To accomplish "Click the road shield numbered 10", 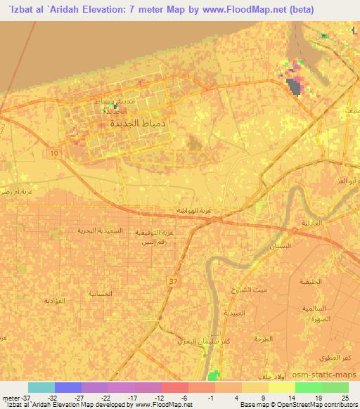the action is [56, 152].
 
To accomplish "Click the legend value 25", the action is [345, 396].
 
